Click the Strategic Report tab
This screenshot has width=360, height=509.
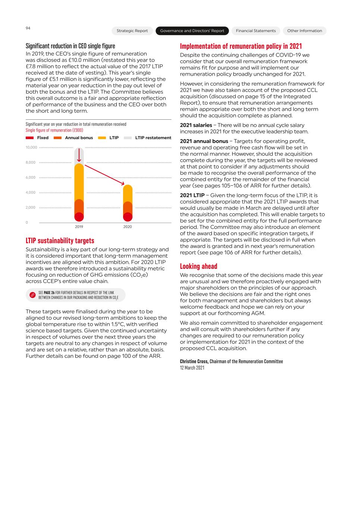132,31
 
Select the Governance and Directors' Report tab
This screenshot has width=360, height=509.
192,31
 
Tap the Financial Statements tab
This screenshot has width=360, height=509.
256,31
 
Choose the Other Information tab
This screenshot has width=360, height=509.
304,31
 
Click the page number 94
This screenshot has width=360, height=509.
28,28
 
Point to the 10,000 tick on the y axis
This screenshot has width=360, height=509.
31,147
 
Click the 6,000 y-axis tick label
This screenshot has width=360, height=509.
31,177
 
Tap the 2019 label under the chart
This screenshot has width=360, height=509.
79,227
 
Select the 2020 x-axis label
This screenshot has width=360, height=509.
128,227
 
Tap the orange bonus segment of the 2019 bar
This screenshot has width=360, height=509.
79,206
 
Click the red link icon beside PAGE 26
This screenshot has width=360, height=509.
32,295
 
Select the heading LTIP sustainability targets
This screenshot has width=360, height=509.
60,241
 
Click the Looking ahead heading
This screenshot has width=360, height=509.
198,266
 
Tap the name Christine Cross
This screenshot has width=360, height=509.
194,361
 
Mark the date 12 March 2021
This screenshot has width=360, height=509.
192,368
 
